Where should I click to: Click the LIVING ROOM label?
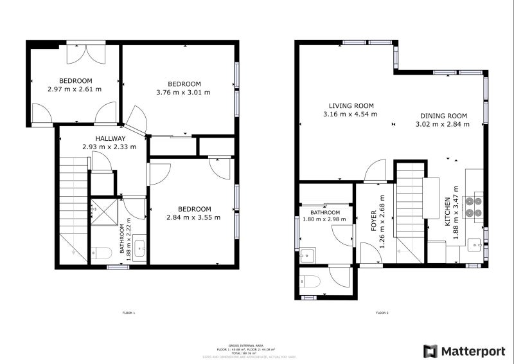(x=351, y=106)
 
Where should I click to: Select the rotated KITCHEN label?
(x=448, y=212)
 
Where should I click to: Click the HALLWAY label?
(x=110, y=138)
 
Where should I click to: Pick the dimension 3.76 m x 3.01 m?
(x=184, y=93)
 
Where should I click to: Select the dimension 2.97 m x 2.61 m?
(x=75, y=89)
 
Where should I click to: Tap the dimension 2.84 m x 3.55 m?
(x=194, y=217)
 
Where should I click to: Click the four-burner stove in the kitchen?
(x=474, y=204)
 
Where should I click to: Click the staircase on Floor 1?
(x=73, y=206)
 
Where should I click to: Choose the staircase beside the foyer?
(x=409, y=209)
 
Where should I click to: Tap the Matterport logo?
(x=457, y=351)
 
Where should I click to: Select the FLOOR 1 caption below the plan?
(x=128, y=313)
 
